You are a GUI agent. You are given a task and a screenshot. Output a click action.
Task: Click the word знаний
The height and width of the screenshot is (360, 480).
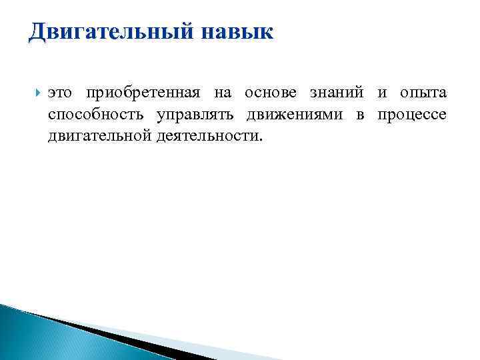(331, 93)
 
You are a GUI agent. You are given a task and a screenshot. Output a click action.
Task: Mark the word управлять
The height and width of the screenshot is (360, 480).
(197, 115)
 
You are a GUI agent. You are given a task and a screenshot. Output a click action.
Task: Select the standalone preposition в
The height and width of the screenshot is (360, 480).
(360, 115)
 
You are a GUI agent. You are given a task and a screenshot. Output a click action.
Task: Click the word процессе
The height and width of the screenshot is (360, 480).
(411, 115)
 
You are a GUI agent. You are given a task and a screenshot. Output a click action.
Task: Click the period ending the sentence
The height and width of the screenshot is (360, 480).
(262, 140)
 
